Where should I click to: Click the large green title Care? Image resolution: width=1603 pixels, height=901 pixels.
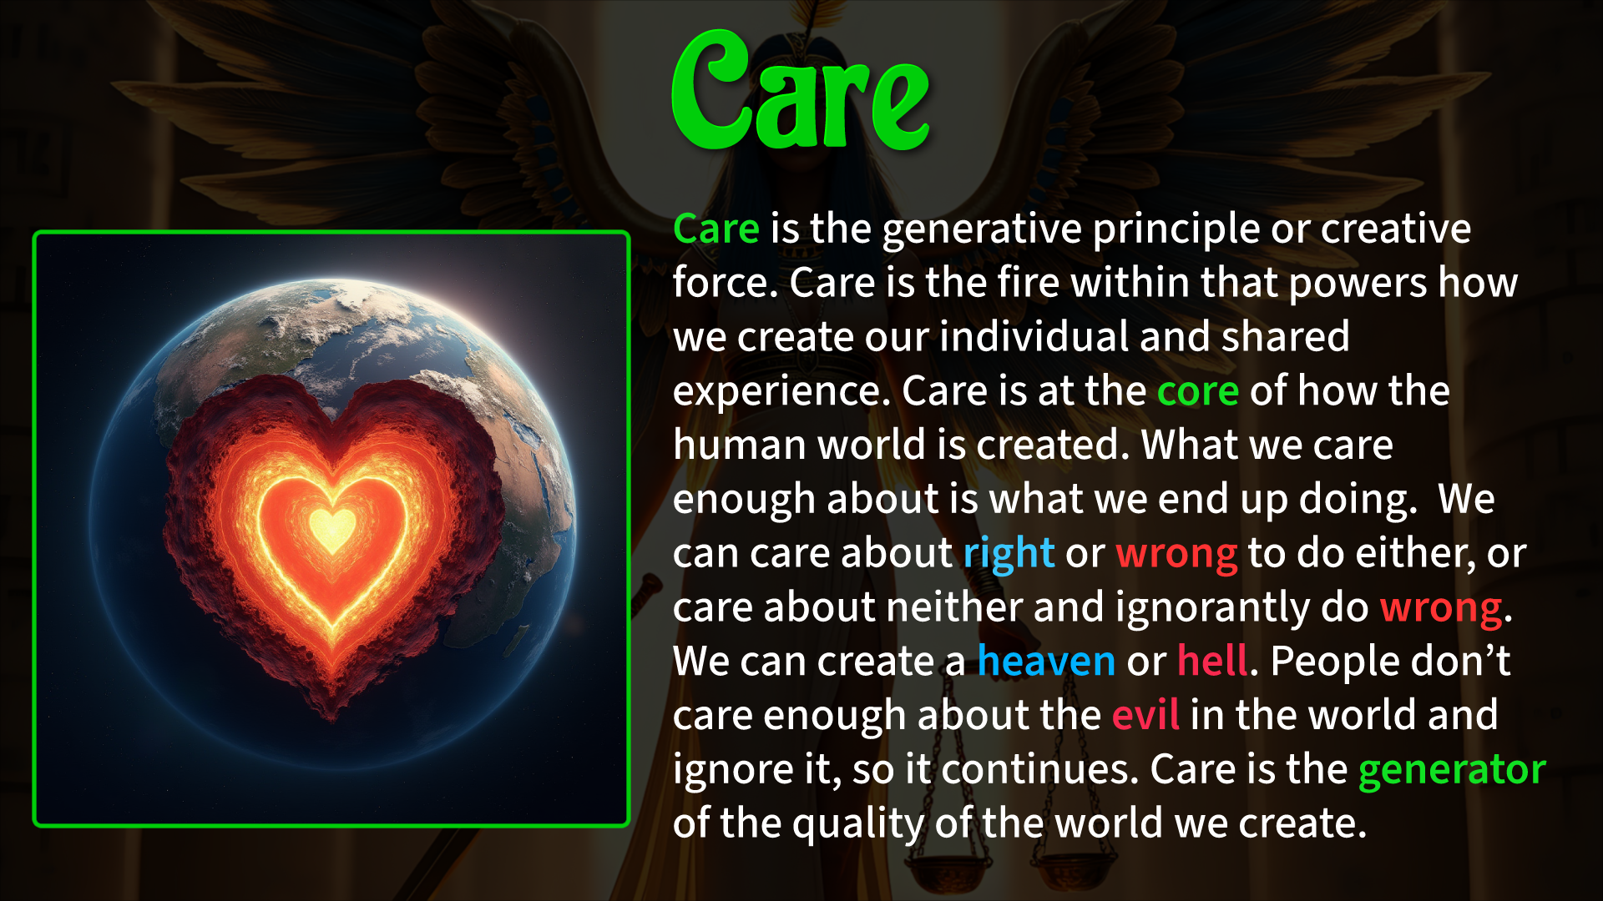pyautogui.click(x=801, y=92)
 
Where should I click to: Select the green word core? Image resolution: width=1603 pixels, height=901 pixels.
pyautogui.click(x=1198, y=391)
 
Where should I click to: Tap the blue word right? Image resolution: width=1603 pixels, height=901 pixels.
pyautogui.click(x=1009, y=554)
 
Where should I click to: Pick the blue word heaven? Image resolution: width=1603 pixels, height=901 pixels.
pyautogui.click(x=1046, y=661)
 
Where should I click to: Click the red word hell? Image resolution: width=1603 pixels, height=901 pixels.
pyautogui.click(x=1213, y=660)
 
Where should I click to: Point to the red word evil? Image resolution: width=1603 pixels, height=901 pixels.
pyautogui.click(x=1145, y=715)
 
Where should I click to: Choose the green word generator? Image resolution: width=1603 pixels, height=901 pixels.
pyautogui.click(x=1452, y=770)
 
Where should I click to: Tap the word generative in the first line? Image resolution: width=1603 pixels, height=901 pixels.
pyautogui.click(x=982, y=229)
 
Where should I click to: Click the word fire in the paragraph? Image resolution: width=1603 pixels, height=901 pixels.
pyautogui.click(x=1029, y=282)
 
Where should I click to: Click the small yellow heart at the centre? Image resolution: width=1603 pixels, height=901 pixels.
pyautogui.click(x=332, y=529)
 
